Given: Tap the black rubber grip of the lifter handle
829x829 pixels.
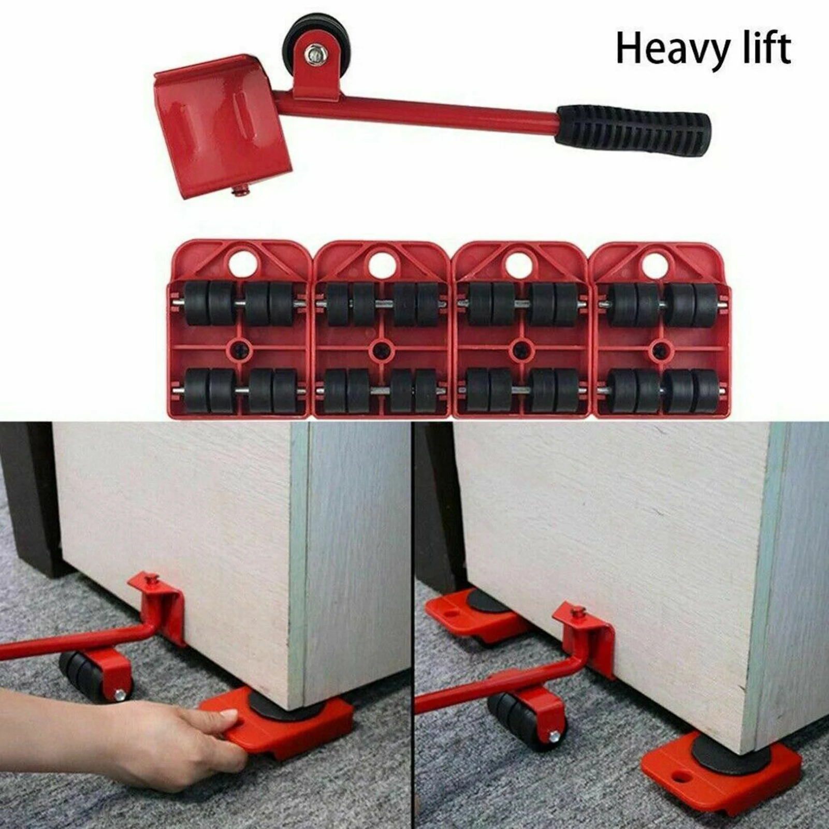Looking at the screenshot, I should coord(634,127).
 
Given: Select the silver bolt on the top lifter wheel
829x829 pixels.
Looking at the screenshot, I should coord(313,53).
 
